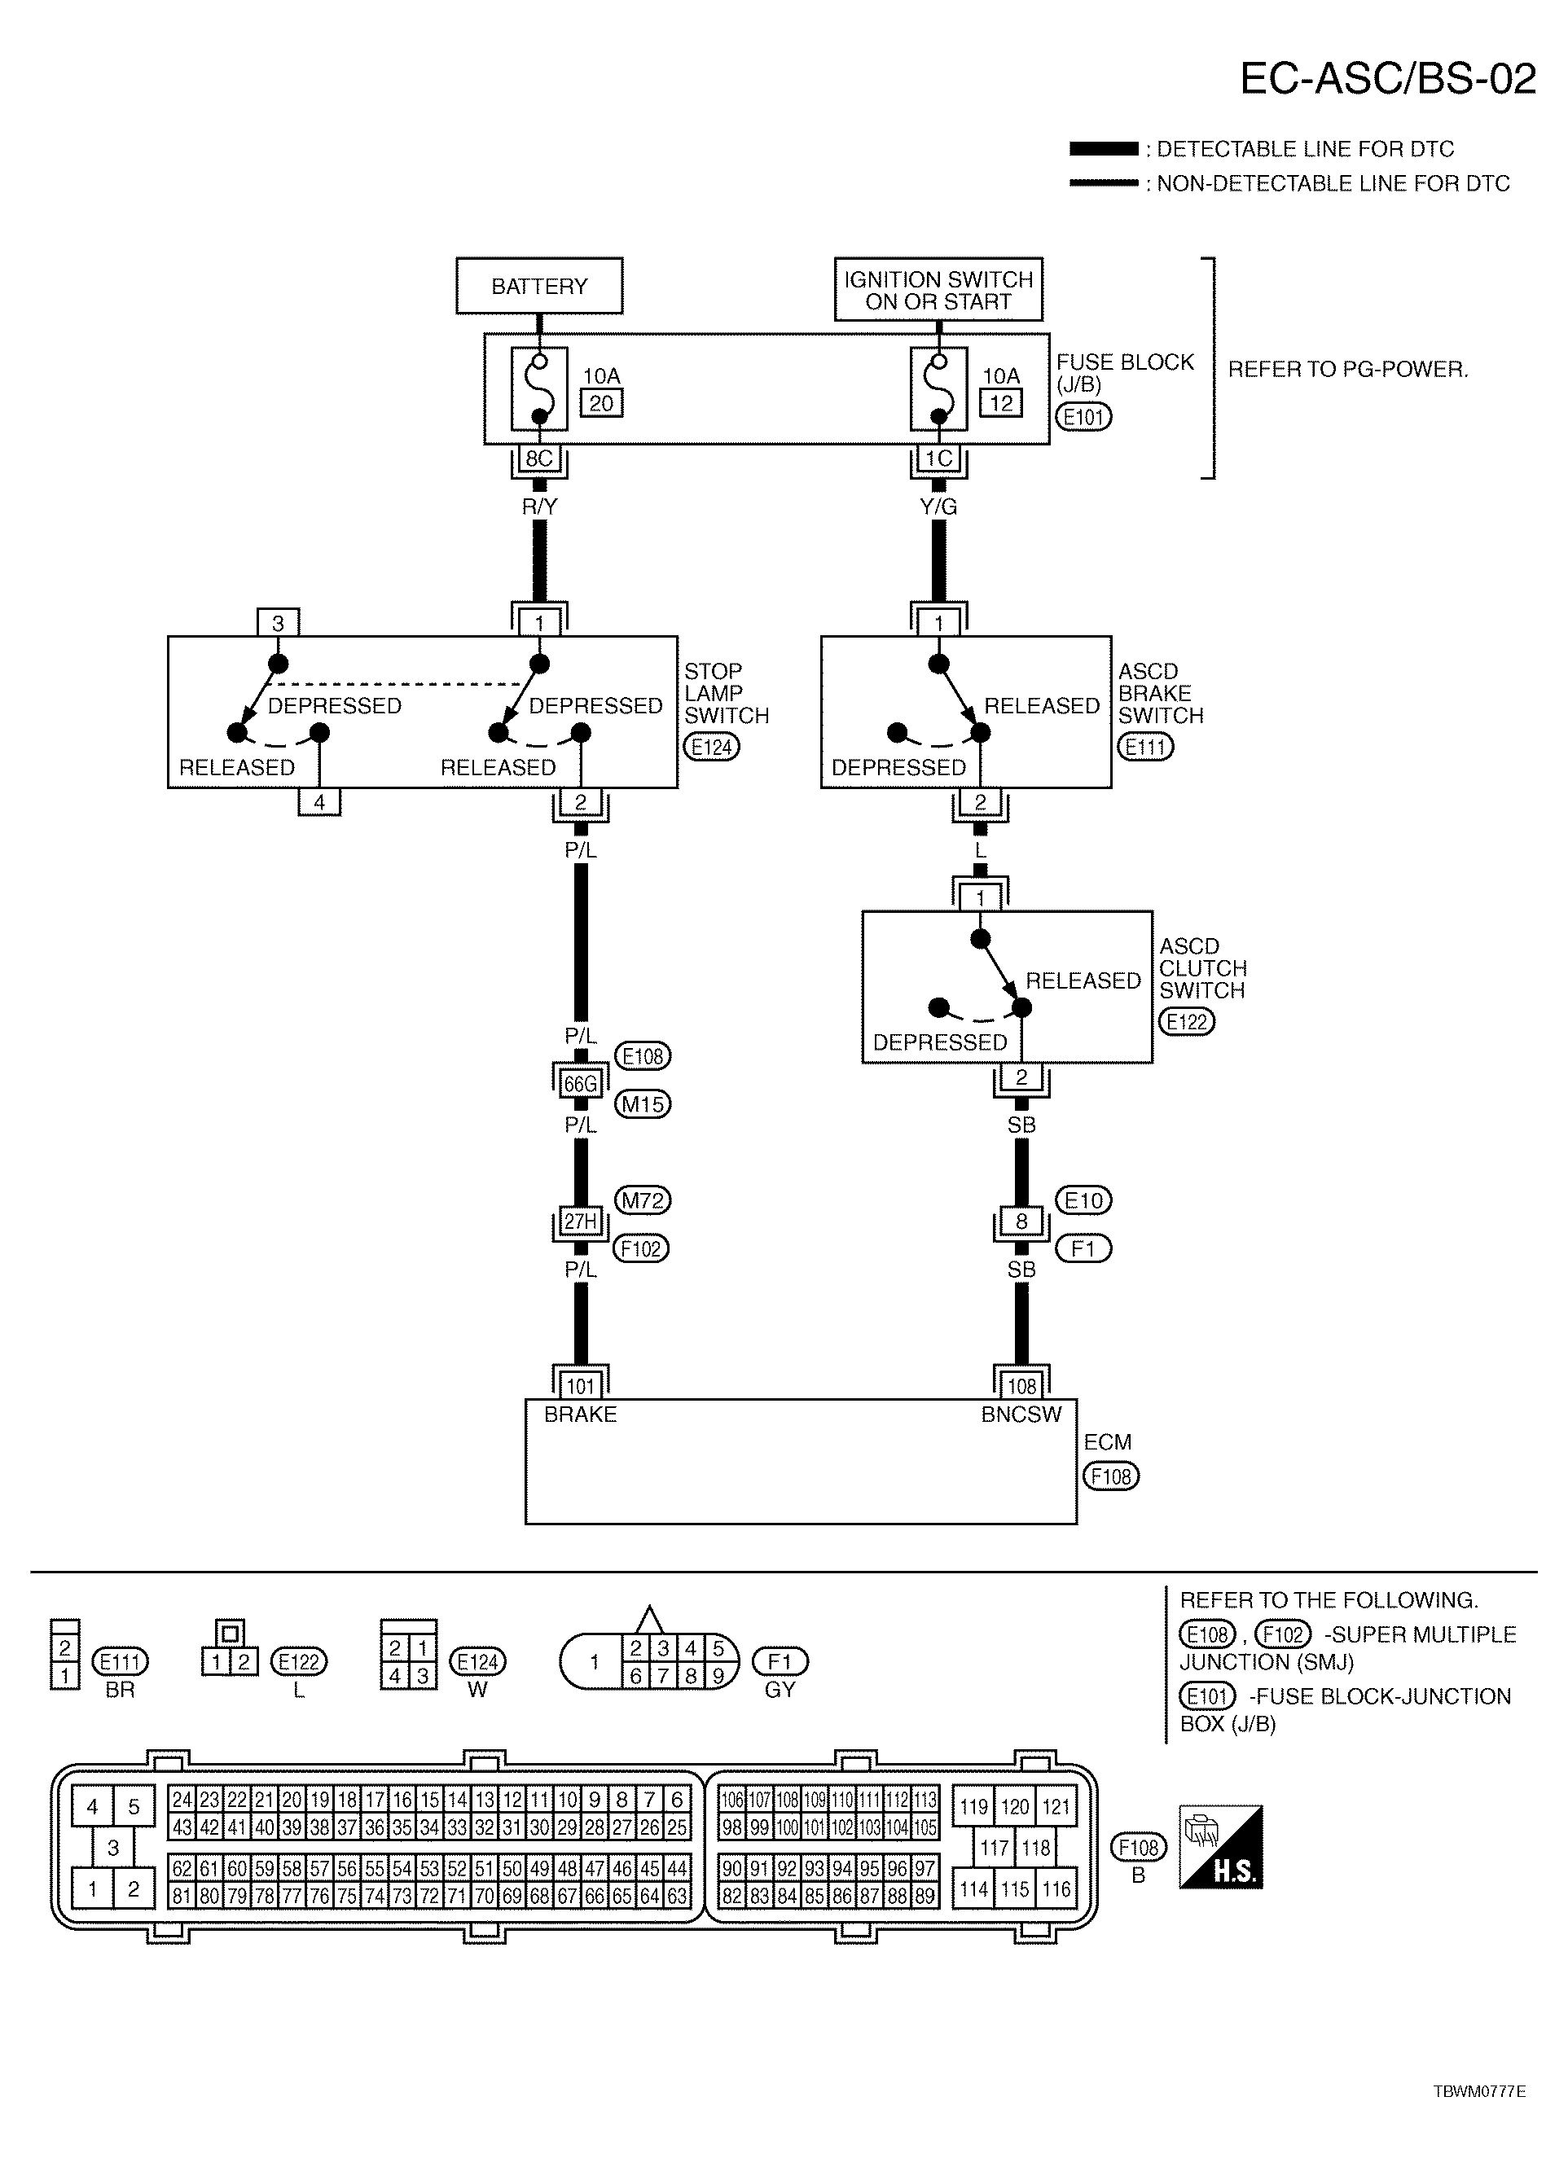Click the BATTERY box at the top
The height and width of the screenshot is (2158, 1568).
pos(538,286)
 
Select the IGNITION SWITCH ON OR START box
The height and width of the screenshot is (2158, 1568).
pos(938,289)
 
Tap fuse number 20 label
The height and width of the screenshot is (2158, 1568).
pos(601,403)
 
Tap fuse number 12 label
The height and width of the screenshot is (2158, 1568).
pos(1001,403)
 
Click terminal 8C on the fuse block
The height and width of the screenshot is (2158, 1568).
pos(539,458)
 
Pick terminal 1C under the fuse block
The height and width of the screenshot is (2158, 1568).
pos(939,458)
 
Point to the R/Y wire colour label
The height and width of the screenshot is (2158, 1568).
pos(539,507)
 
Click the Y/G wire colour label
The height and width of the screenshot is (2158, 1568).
pos(939,507)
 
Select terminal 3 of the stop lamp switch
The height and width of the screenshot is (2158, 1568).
pos(278,623)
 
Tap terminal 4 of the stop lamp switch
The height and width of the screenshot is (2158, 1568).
pos(319,802)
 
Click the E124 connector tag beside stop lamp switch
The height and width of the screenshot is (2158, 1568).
pos(712,748)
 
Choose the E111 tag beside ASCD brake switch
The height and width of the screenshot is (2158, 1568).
pos(1145,748)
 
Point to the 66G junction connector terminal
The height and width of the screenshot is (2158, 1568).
pos(581,1084)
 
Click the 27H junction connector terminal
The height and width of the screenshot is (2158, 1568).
pos(581,1222)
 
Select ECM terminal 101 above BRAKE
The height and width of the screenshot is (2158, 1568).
pos(581,1386)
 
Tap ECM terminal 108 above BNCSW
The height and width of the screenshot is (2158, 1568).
pos(1022,1386)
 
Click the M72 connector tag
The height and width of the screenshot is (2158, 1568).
pos(643,1201)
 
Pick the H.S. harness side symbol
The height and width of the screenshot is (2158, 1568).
pos(1221,1847)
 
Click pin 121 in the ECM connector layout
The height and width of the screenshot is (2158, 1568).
pos(1056,1807)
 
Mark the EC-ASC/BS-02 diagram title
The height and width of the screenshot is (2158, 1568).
pos(1388,79)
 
